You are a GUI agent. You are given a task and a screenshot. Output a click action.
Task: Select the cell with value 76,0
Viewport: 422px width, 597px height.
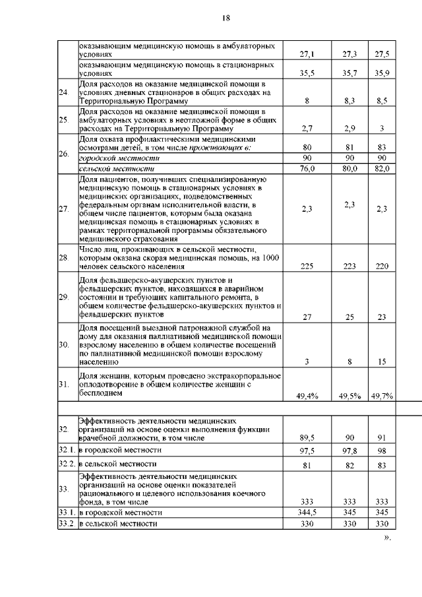click(x=307, y=169)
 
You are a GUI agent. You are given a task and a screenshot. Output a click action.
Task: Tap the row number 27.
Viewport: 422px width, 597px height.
click(x=64, y=209)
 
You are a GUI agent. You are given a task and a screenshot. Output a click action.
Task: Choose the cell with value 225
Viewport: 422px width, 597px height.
click(x=307, y=267)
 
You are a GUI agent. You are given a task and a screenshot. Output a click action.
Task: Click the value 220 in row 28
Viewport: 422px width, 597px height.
click(x=382, y=267)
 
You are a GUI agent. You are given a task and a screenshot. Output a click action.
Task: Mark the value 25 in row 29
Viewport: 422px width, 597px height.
click(x=349, y=317)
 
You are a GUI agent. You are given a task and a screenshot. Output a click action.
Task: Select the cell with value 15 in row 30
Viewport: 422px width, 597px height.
click(x=382, y=361)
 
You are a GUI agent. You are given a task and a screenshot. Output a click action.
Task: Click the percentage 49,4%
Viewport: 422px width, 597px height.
click(x=307, y=396)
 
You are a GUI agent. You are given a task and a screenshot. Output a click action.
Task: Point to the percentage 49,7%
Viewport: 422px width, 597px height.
click(x=382, y=396)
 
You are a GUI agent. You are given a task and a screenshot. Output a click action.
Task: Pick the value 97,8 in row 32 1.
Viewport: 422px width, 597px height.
click(x=349, y=450)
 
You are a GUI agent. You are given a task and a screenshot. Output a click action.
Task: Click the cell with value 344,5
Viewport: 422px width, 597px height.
click(x=307, y=512)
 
